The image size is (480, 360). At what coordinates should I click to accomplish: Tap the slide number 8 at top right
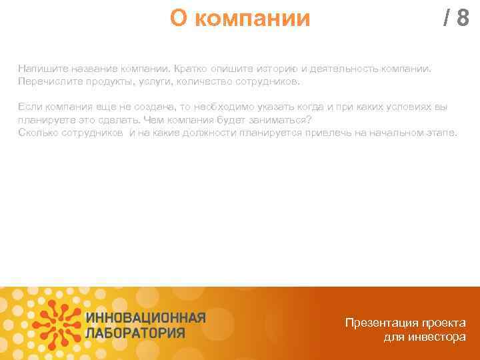coord(463,19)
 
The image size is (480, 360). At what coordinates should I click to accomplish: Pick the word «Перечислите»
coord(48,81)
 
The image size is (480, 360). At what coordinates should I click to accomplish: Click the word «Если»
coord(29,107)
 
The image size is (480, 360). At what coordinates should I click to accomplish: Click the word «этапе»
coord(440,133)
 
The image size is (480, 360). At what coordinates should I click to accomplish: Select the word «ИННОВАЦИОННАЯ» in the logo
coord(146,317)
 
